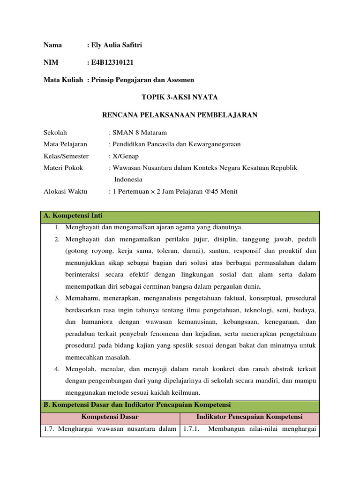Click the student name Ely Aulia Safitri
(x=116, y=45)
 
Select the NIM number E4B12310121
(x=115, y=63)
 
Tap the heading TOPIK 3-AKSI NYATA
(x=180, y=97)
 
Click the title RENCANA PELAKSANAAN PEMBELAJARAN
(x=180, y=115)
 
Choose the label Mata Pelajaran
(x=65, y=144)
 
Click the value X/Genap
(x=126, y=156)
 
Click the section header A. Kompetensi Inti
(x=73, y=216)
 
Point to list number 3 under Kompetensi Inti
(x=56, y=298)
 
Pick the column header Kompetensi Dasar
(x=110, y=417)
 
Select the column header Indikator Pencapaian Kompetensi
(x=249, y=417)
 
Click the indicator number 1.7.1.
(x=191, y=429)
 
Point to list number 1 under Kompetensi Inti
(x=56, y=228)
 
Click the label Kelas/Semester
(x=66, y=156)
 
